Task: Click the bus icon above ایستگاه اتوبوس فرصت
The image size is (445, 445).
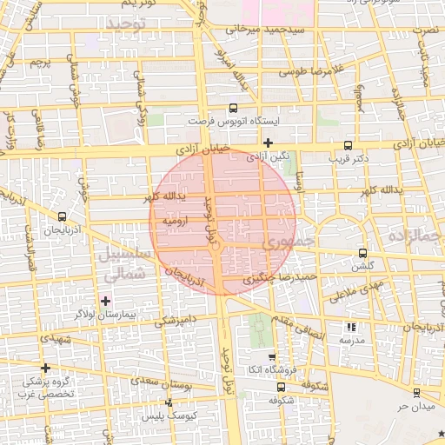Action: pos(232,109)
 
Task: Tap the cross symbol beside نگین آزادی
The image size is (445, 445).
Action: pos(269,143)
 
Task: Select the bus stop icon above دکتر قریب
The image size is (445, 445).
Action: pos(349,146)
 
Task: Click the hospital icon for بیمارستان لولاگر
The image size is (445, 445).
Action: pos(106,301)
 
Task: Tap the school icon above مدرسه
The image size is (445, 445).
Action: pos(351,328)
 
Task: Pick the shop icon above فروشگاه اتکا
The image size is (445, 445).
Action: pos(272,357)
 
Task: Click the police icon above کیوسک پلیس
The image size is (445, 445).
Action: pos(169,402)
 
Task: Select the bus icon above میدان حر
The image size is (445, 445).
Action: pos(416,393)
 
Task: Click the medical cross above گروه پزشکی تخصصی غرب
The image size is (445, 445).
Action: pos(45,368)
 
